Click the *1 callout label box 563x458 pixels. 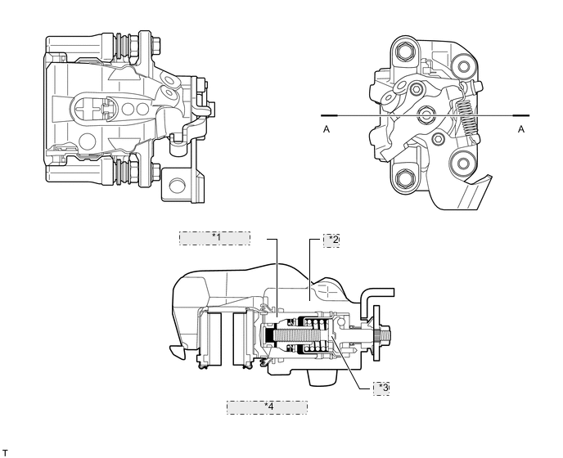click(x=215, y=238)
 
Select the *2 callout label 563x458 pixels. click(x=331, y=240)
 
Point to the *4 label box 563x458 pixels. click(x=267, y=406)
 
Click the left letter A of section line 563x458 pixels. click(x=327, y=128)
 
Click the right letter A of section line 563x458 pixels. click(x=520, y=128)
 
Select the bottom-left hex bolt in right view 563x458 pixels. click(x=406, y=177)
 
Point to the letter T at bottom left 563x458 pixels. click(x=5, y=451)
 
